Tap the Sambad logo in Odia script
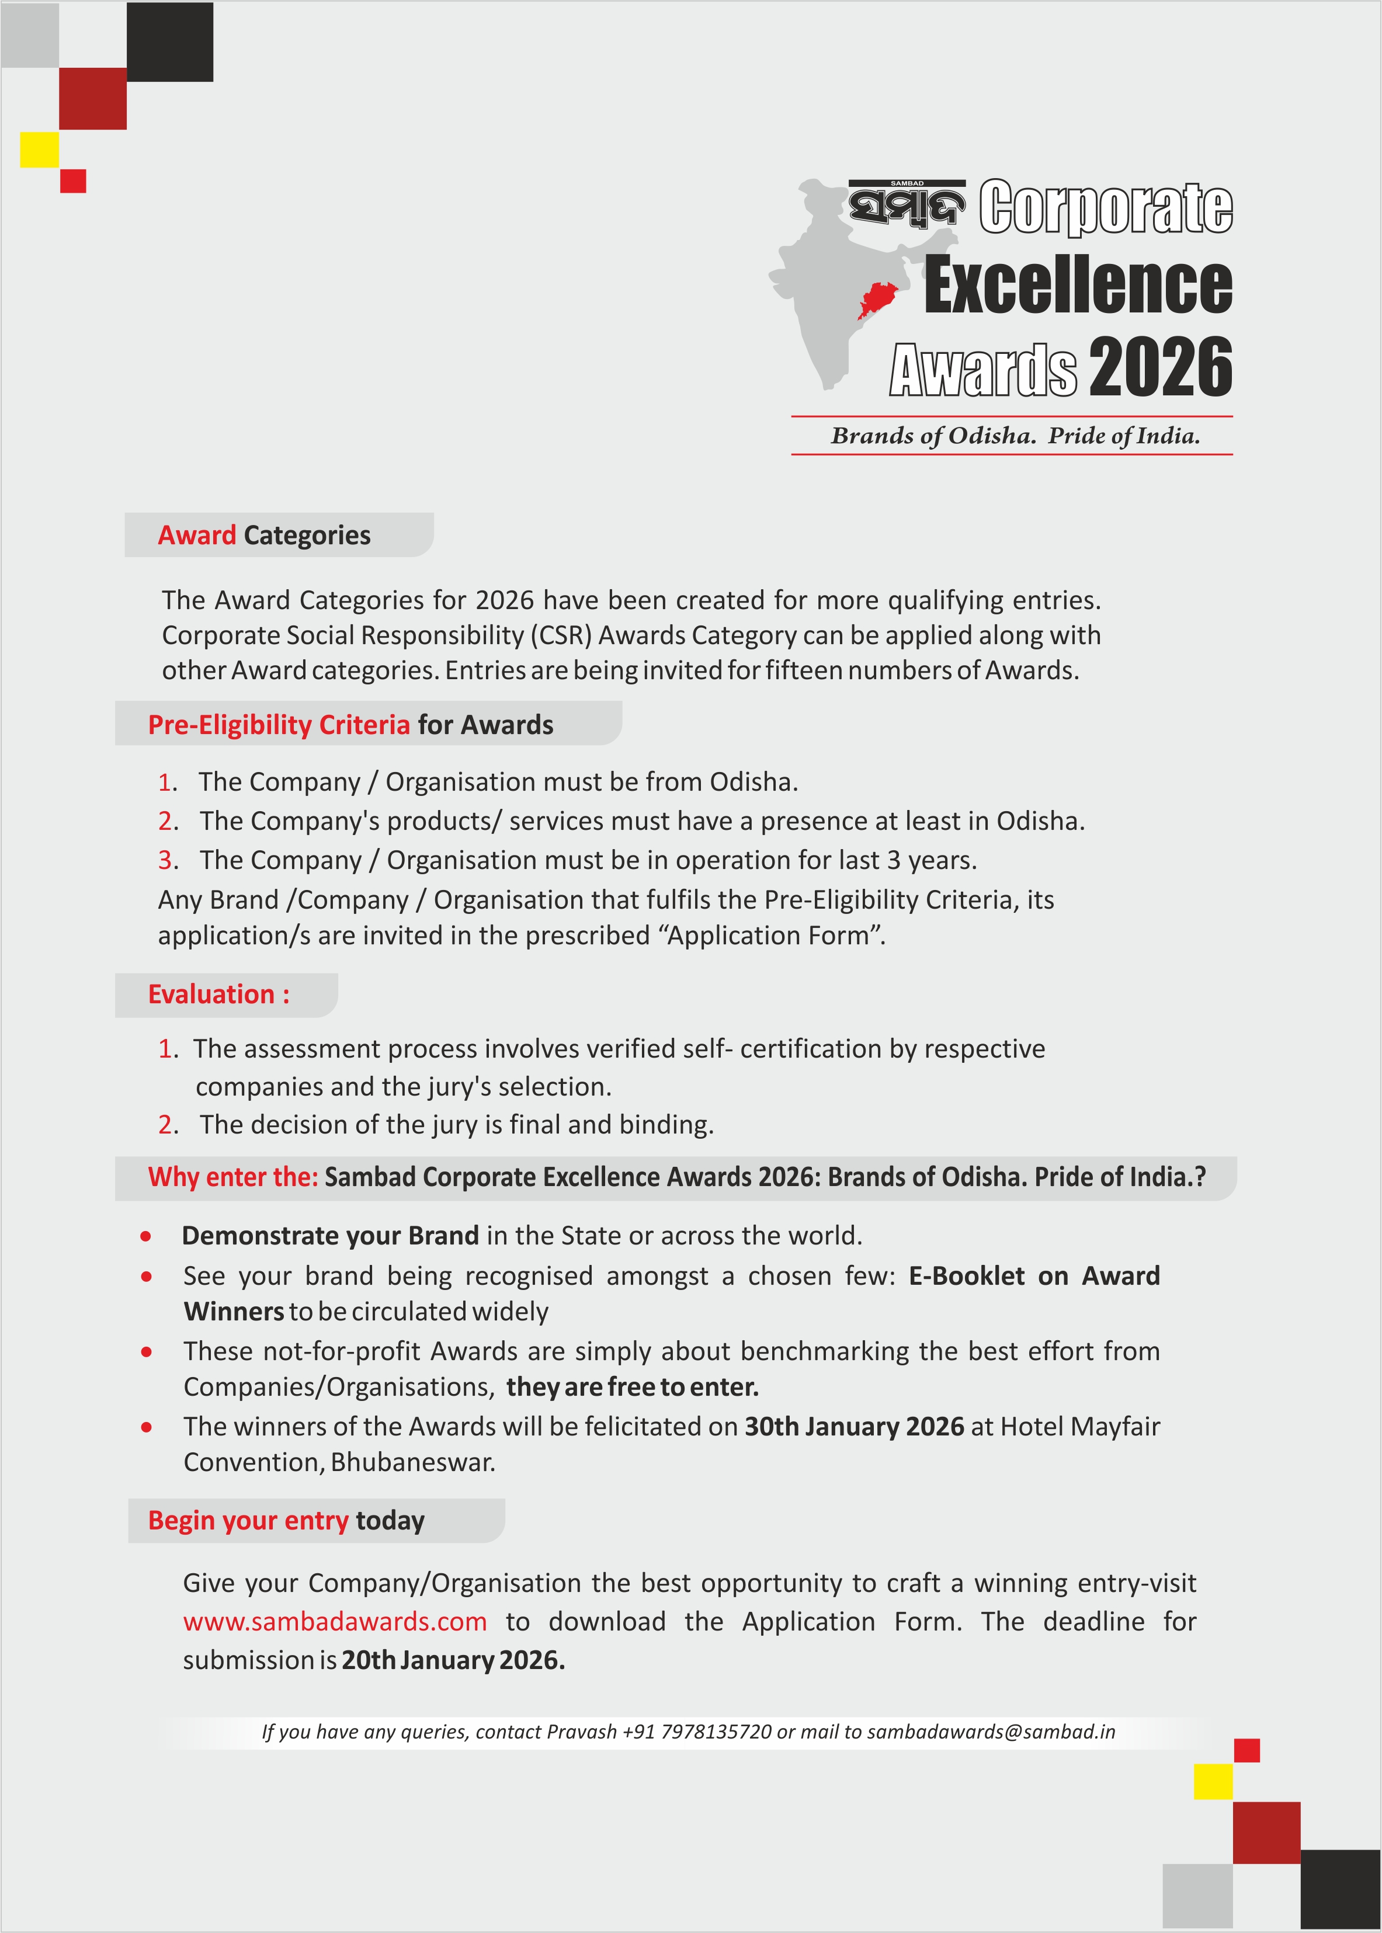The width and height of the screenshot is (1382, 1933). pos(907,205)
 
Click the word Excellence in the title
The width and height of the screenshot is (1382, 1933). pos(1078,286)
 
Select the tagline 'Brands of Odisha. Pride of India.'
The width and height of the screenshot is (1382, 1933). pos(1015,436)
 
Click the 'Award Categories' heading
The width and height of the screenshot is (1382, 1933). pos(264,535)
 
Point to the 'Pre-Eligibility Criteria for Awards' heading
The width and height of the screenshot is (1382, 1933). pos(350,724)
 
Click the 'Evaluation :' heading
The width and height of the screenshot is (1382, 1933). pos(218,994)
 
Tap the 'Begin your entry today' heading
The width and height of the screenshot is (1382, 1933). pos(286,1520)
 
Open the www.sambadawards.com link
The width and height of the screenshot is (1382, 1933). pos(335,1622)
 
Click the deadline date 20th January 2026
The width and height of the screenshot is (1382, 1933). pos(453,1660)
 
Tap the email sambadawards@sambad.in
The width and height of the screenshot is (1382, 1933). pos(991,1732)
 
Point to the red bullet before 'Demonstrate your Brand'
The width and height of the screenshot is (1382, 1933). pos(147,1236)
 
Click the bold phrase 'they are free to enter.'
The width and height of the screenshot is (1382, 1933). pos(632,1388)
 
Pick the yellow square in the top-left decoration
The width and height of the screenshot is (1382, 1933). pos(39,150)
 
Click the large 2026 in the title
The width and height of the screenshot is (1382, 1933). pos(1160,367)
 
